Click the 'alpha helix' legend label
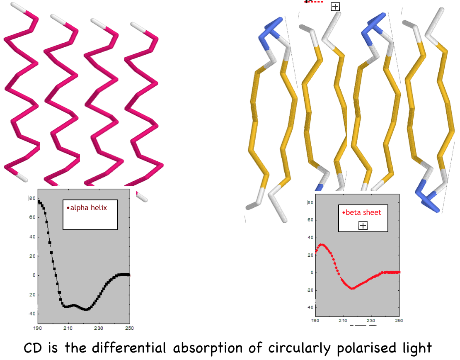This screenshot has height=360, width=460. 88,208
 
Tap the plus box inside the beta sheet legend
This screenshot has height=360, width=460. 363,226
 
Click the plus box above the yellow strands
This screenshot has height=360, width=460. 335,7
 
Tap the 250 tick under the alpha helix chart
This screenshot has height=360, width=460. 129,328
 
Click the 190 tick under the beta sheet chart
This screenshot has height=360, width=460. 315,321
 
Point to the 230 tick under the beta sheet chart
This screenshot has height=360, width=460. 371,321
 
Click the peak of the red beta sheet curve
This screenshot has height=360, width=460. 321,244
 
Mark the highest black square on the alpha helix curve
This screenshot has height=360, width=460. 39,202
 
